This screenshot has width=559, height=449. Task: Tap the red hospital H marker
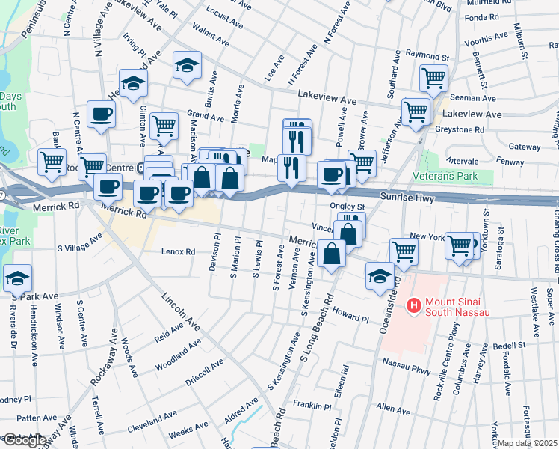coord(412,305)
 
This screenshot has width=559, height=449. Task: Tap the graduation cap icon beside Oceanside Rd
coord(380,276)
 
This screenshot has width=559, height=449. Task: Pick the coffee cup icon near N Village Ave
coord(101,114)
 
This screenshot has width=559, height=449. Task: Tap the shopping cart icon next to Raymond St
coord(433,76)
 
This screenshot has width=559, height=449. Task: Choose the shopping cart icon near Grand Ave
coord(164,125)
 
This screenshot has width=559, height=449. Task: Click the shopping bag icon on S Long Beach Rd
coord(330,253)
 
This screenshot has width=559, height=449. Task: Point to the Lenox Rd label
coord(179,252)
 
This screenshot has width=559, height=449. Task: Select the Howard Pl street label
coord(351,314)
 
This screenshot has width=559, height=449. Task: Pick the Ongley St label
coord(347,207)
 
